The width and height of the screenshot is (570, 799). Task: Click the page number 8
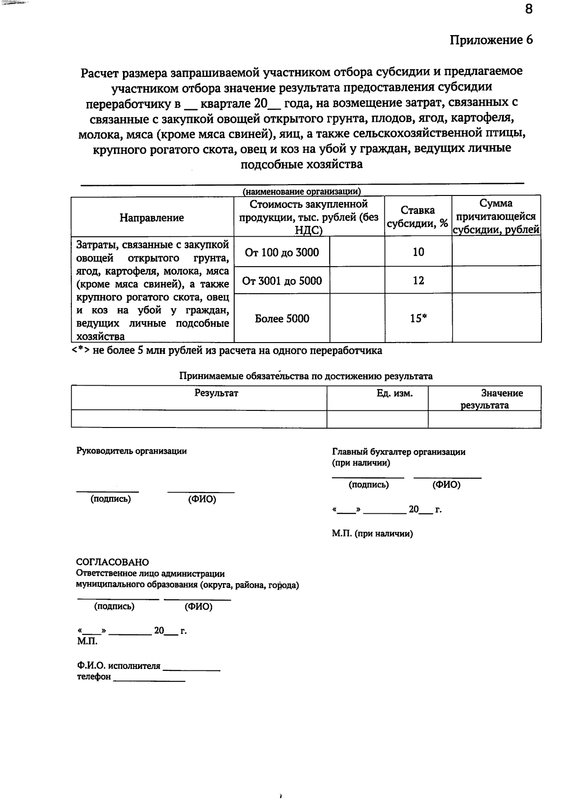pyautogui.click(x=529, y=9)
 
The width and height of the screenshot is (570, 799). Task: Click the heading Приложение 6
pyautogui.click(x=491, y=40)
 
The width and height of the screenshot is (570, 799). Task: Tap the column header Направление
pyautogui.click(x=152, y=218)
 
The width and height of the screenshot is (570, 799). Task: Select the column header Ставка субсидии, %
pyautogui.click(x=418, y=217)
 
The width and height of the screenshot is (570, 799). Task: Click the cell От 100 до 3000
pyautogui.click(x=282, y=252)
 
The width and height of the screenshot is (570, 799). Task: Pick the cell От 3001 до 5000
pyautogui.click(x=282, y=281)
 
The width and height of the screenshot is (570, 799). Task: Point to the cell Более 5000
pyautogui.click(x=282, y=319)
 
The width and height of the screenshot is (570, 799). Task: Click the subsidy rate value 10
pyautogui.click(x=418, y=252)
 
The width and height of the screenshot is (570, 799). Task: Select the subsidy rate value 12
pyautogui.click(x=418, y=280)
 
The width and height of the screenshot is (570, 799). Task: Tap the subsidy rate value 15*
pyautogui.click(x=418, y=319)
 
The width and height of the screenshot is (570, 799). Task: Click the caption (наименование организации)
pyautogui.click(x=302, y=192)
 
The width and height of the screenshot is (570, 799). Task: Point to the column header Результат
pyautogui.click(x=216, y=393)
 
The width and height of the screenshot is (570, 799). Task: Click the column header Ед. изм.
pyautogui.click(x=394, y=393)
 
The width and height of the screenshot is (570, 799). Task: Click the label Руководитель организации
pyautogui.click(x=132, y=451)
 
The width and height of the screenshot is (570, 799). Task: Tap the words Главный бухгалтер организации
pyautogui.click(x=399, y=452)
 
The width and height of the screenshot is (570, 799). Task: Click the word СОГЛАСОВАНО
pyautogui.click(x=113, y=562)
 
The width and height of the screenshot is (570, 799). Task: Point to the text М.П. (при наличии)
pyautogui.click(x=372, y=534)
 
